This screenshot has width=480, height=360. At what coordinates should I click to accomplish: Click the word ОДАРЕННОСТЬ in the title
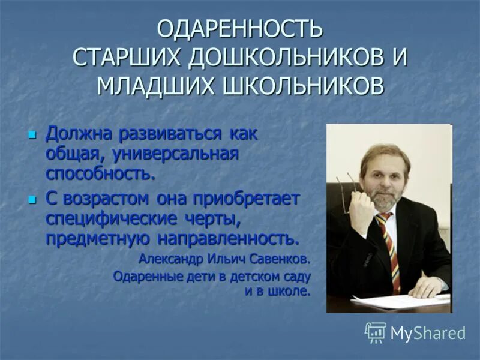pos(240,28)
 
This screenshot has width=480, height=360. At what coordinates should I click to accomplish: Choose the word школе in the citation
pos(290,292)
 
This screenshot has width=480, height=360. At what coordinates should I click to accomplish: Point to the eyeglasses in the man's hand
pos(346,192)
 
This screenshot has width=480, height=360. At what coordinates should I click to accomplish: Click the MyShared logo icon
pos(375,332)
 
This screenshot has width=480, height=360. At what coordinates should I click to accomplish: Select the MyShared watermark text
pos(428,333)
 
